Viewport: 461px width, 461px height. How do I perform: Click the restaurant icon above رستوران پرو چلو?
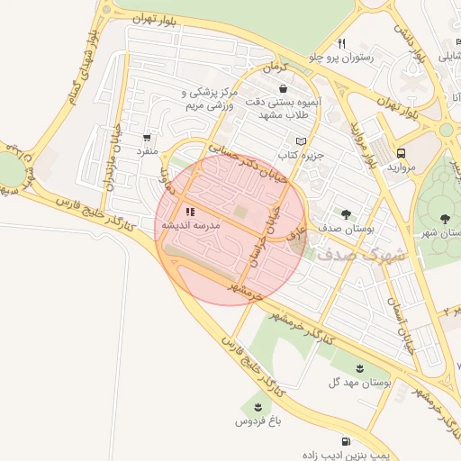point(341,43)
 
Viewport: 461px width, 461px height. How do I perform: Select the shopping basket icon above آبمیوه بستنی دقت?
point(285,89)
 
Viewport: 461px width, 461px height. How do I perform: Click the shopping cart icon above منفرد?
point(147,138)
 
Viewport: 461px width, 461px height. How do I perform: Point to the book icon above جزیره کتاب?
point(301,141)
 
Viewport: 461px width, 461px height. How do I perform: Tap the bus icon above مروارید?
point(401,153)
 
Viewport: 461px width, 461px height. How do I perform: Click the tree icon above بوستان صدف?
point(347,214)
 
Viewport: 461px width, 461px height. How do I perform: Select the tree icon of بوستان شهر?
point(445,218)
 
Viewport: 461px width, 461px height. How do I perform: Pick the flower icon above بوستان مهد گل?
point(361,368)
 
